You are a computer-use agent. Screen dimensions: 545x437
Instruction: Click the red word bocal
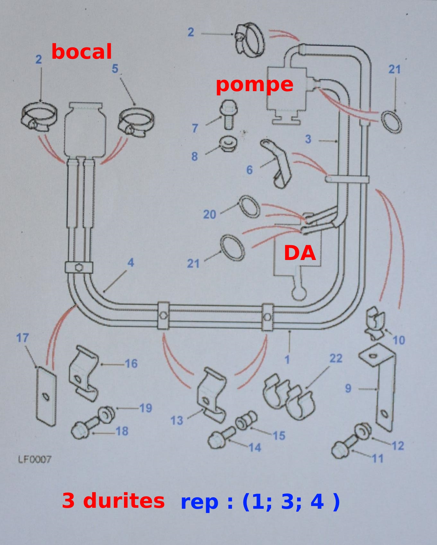pos(82,52)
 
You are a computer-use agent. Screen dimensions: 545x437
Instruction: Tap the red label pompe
pos(254,85)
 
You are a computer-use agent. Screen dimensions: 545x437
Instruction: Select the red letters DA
pos(300,253)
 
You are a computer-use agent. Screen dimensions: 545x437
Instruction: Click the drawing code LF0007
pos(34,460)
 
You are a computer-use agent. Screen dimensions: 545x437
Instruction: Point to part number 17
pos(22,338)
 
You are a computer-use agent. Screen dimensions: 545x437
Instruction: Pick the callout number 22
pos(336,358)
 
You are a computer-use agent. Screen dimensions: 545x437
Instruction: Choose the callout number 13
pos(177,420)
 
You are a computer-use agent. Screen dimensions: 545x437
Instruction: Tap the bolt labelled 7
pos(228,114)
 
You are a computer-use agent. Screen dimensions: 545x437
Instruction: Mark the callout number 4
pos(130,263)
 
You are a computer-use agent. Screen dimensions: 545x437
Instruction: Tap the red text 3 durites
pos(113,501)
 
